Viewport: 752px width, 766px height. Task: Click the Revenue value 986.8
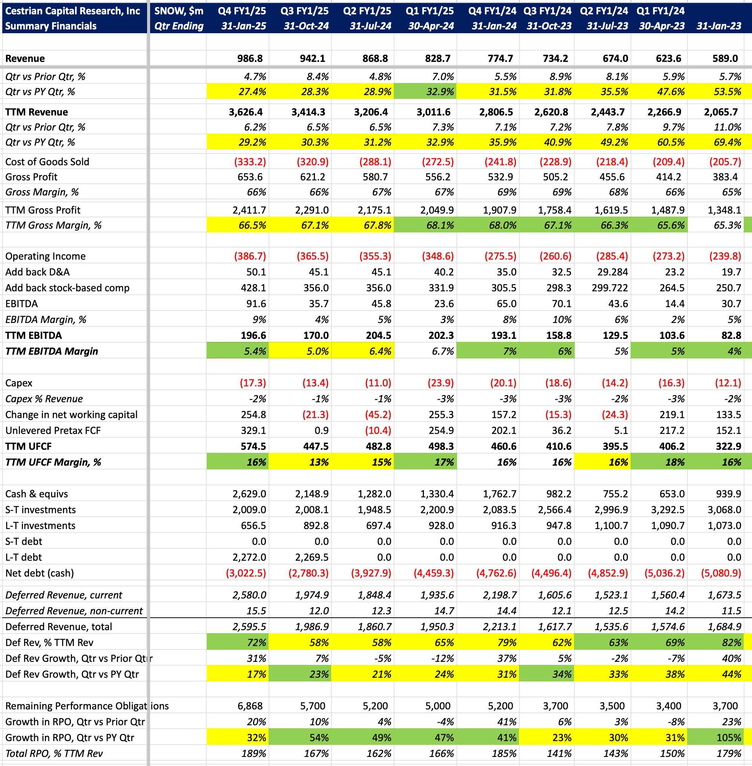(250, 58)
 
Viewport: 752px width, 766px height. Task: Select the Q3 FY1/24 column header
(548, 11)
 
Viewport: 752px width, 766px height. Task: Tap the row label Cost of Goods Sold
(47, 162)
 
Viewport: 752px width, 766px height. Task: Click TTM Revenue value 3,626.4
(246, 112)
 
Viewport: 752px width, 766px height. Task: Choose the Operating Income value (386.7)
(250, 256)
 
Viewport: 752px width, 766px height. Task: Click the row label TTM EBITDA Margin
(51, 351)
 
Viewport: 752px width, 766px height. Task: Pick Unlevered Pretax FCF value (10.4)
(375, 431)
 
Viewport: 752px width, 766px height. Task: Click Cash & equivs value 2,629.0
(249, 494)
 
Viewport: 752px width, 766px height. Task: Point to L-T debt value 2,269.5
(312, 557)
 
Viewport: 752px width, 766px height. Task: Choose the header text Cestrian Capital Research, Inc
(73, 11)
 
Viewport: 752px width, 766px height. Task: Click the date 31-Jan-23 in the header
(719, 26)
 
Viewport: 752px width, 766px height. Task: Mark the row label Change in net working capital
(72, 415)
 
